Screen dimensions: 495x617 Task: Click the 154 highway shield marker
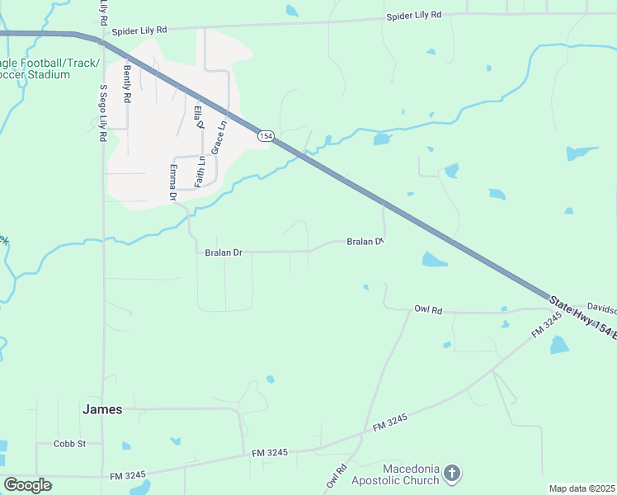tap(265, 136)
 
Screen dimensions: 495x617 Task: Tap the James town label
tap(102, 409)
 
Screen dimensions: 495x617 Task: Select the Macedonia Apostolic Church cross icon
tap(451, 474)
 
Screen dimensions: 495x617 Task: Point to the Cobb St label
tap(69, 444)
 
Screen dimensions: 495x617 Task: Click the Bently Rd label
tap(128, 83)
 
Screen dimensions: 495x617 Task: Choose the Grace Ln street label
tap(220, 139)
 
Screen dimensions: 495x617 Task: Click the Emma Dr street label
tap(173, 182)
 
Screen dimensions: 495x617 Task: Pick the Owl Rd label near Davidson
tap(428, 310)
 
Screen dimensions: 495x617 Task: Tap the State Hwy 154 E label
tap(582, 317)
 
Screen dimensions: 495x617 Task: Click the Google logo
tap(27, 485)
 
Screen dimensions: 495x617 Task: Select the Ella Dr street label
tap(198, 118)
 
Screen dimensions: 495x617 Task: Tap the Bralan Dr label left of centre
tap(224, 252)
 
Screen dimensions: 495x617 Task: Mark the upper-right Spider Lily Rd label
tap(415, 16)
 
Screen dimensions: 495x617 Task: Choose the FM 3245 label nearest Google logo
tap(128, 475)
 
